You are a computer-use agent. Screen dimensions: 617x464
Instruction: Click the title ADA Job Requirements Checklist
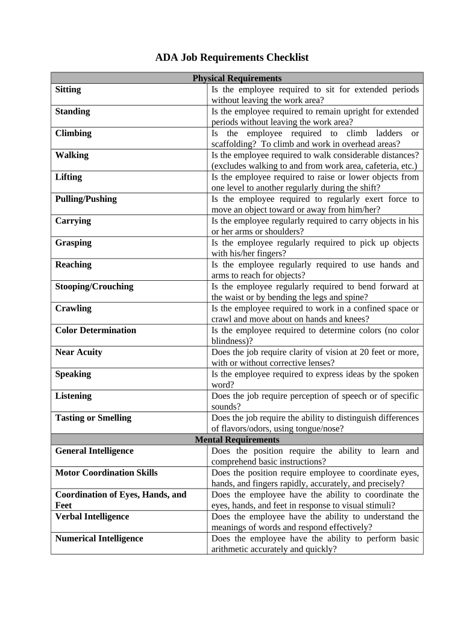[231, 58]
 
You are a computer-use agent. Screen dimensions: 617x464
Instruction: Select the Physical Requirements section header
[237, 78]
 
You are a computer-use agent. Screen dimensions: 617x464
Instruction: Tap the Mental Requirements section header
[237, 440]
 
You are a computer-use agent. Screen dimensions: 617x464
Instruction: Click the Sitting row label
[68, 89]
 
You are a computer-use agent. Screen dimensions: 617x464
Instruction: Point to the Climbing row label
[74, 133]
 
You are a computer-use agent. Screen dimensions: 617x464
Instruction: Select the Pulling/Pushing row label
[86, 199]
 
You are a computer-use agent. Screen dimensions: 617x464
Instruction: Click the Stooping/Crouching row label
[94, 286]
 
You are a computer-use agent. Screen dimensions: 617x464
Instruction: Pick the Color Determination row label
[96, 330]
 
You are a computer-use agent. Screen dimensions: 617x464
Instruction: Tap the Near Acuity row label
[79, 352]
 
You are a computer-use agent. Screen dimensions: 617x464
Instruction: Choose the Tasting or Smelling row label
[93, 418]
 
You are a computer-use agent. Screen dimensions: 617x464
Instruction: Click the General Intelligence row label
[95, 451]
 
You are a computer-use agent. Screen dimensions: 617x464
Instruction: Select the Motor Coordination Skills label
[106, 472]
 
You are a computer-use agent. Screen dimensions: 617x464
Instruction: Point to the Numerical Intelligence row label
[99, 538]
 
